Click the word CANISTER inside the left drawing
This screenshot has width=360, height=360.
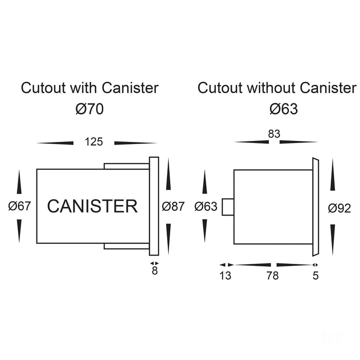tap(93, 207)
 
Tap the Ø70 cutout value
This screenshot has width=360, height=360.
tap(89, 109)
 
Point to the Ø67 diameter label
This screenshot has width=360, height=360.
tap(21, 207)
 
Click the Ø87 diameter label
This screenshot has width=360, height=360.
tap(173, 207)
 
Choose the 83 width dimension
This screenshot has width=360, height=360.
tap(274, 134)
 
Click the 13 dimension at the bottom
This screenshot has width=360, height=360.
tap(225, 276)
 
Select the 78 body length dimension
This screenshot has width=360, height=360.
tap(273, 276)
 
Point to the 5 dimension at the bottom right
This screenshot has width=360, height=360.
tap(316, 276)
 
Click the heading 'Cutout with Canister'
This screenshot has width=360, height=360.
tap(89, 88)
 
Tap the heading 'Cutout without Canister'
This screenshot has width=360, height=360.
tap(277, 88)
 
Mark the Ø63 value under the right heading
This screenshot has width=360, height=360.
tap(284, 109)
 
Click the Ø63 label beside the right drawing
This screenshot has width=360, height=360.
tap(207, 207)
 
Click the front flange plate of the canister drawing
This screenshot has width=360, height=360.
tap(154, 206)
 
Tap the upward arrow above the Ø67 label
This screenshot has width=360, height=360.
tap(19, 183)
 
